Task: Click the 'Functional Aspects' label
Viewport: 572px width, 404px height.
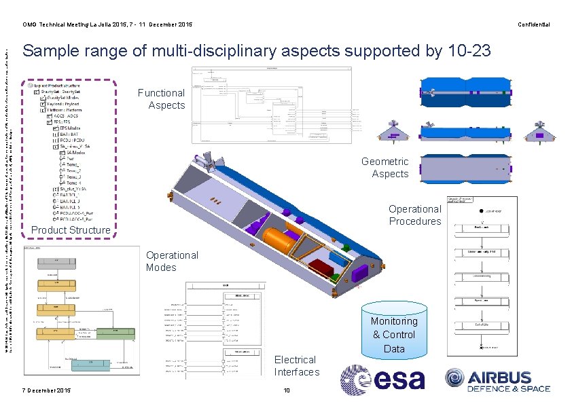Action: coord(161,99)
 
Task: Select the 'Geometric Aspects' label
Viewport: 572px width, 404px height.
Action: coord(385,168)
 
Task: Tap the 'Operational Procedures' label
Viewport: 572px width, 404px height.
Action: coord(414,215)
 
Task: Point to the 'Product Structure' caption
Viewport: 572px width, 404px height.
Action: coord(71,230)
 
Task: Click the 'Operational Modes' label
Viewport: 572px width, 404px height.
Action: coord(172,261)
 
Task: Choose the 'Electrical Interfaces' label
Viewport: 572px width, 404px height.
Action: coord(296,366)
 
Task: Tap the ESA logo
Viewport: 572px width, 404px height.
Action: coord(382,380)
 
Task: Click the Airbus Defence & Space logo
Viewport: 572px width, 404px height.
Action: coord(497,380)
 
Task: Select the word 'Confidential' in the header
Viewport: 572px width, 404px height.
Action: coord(533,25)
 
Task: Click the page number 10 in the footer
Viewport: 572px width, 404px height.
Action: coord(287,390)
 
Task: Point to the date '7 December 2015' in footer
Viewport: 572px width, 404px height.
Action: coord(46,390)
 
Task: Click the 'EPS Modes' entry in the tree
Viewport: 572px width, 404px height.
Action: coord(70,127)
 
